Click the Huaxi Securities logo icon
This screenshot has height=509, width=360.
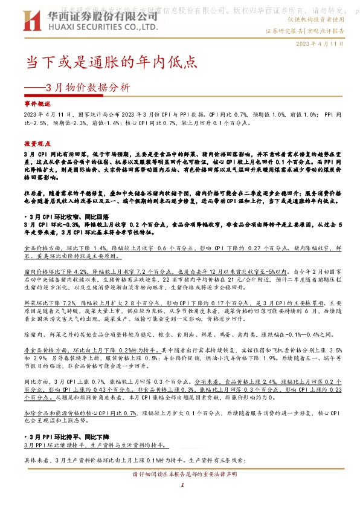pyautogui.click(x=30, y=22)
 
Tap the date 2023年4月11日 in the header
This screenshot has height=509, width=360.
pyautogui.click(x=320, y=44)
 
